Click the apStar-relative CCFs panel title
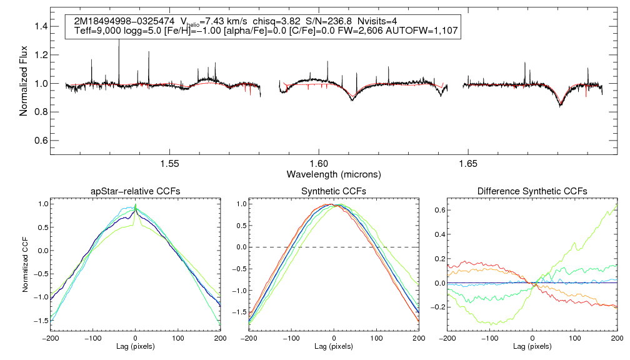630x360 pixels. click(x=135, y=191)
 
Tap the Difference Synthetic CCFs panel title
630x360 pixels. click(x=532, y=191)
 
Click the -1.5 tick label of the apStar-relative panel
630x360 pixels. click(x=39, y=320)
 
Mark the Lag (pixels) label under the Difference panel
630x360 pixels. click(x=532, y=346)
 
